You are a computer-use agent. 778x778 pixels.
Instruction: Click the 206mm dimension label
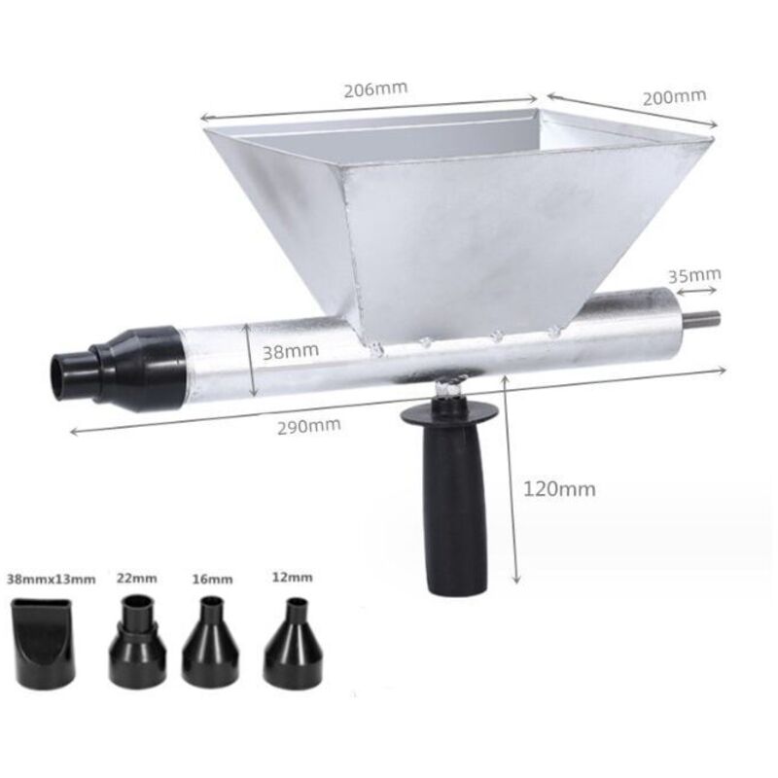[375, 89]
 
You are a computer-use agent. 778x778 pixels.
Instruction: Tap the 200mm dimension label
[674, 97]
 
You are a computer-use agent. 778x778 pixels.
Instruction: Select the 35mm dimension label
[694, 276]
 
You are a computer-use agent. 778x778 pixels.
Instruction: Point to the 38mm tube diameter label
[290, 351]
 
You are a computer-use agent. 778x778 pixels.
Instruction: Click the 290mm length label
[308, 426]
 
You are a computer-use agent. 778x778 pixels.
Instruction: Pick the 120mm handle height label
[560, 489]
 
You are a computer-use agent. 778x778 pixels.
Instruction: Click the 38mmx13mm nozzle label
[52, 579]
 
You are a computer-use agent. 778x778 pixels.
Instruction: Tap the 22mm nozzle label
[137, 578]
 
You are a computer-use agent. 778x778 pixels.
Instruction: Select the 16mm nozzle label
[212, 579]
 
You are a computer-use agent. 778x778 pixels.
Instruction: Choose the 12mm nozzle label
[293, 578]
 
